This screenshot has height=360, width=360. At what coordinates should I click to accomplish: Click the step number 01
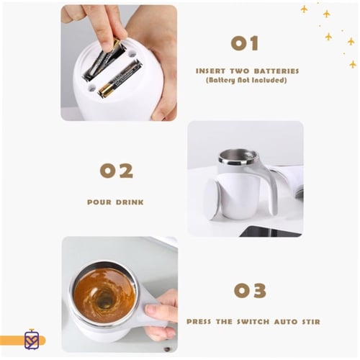245,43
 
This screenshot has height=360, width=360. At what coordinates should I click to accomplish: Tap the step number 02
117,171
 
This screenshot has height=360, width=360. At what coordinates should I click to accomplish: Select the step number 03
250,290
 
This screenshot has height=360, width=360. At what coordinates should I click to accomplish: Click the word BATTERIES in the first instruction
276,71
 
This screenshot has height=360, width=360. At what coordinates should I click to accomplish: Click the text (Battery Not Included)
246,80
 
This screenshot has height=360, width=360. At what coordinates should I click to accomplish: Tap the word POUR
99,202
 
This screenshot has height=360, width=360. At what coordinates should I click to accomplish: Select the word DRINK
130,202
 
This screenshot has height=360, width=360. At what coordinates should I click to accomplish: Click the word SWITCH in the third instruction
253,322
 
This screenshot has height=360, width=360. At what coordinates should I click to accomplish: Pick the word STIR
311,322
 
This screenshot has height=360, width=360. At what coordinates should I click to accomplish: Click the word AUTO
286,322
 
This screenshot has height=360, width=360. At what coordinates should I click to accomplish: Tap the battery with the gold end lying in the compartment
120,78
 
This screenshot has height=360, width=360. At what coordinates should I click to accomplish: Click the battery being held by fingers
104,60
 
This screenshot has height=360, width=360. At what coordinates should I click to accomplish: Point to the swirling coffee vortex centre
105,299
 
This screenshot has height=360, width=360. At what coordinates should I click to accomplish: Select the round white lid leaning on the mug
212,199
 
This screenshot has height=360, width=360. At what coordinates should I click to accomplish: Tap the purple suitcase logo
32,339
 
